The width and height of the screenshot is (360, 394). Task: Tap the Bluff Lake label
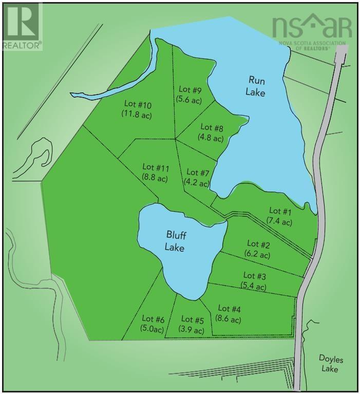pos(175,241)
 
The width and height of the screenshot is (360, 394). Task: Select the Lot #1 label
pos(280,211)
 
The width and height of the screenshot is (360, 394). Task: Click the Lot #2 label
pos(258,243)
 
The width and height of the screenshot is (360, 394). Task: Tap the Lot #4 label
pos(230,308)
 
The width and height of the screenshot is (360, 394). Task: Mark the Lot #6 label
pos(152,318)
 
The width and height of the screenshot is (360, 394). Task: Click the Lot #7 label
pos(197,172)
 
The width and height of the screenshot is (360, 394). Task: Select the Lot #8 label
pos(212,127)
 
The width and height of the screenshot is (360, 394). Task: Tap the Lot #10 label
pos(137,105)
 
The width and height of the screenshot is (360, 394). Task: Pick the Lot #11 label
pos(156,167)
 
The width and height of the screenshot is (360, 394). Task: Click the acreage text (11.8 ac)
pos(137,115)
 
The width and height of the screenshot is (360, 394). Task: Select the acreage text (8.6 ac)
pos(230,319)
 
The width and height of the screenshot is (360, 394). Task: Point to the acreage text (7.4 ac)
pos(280,222)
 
